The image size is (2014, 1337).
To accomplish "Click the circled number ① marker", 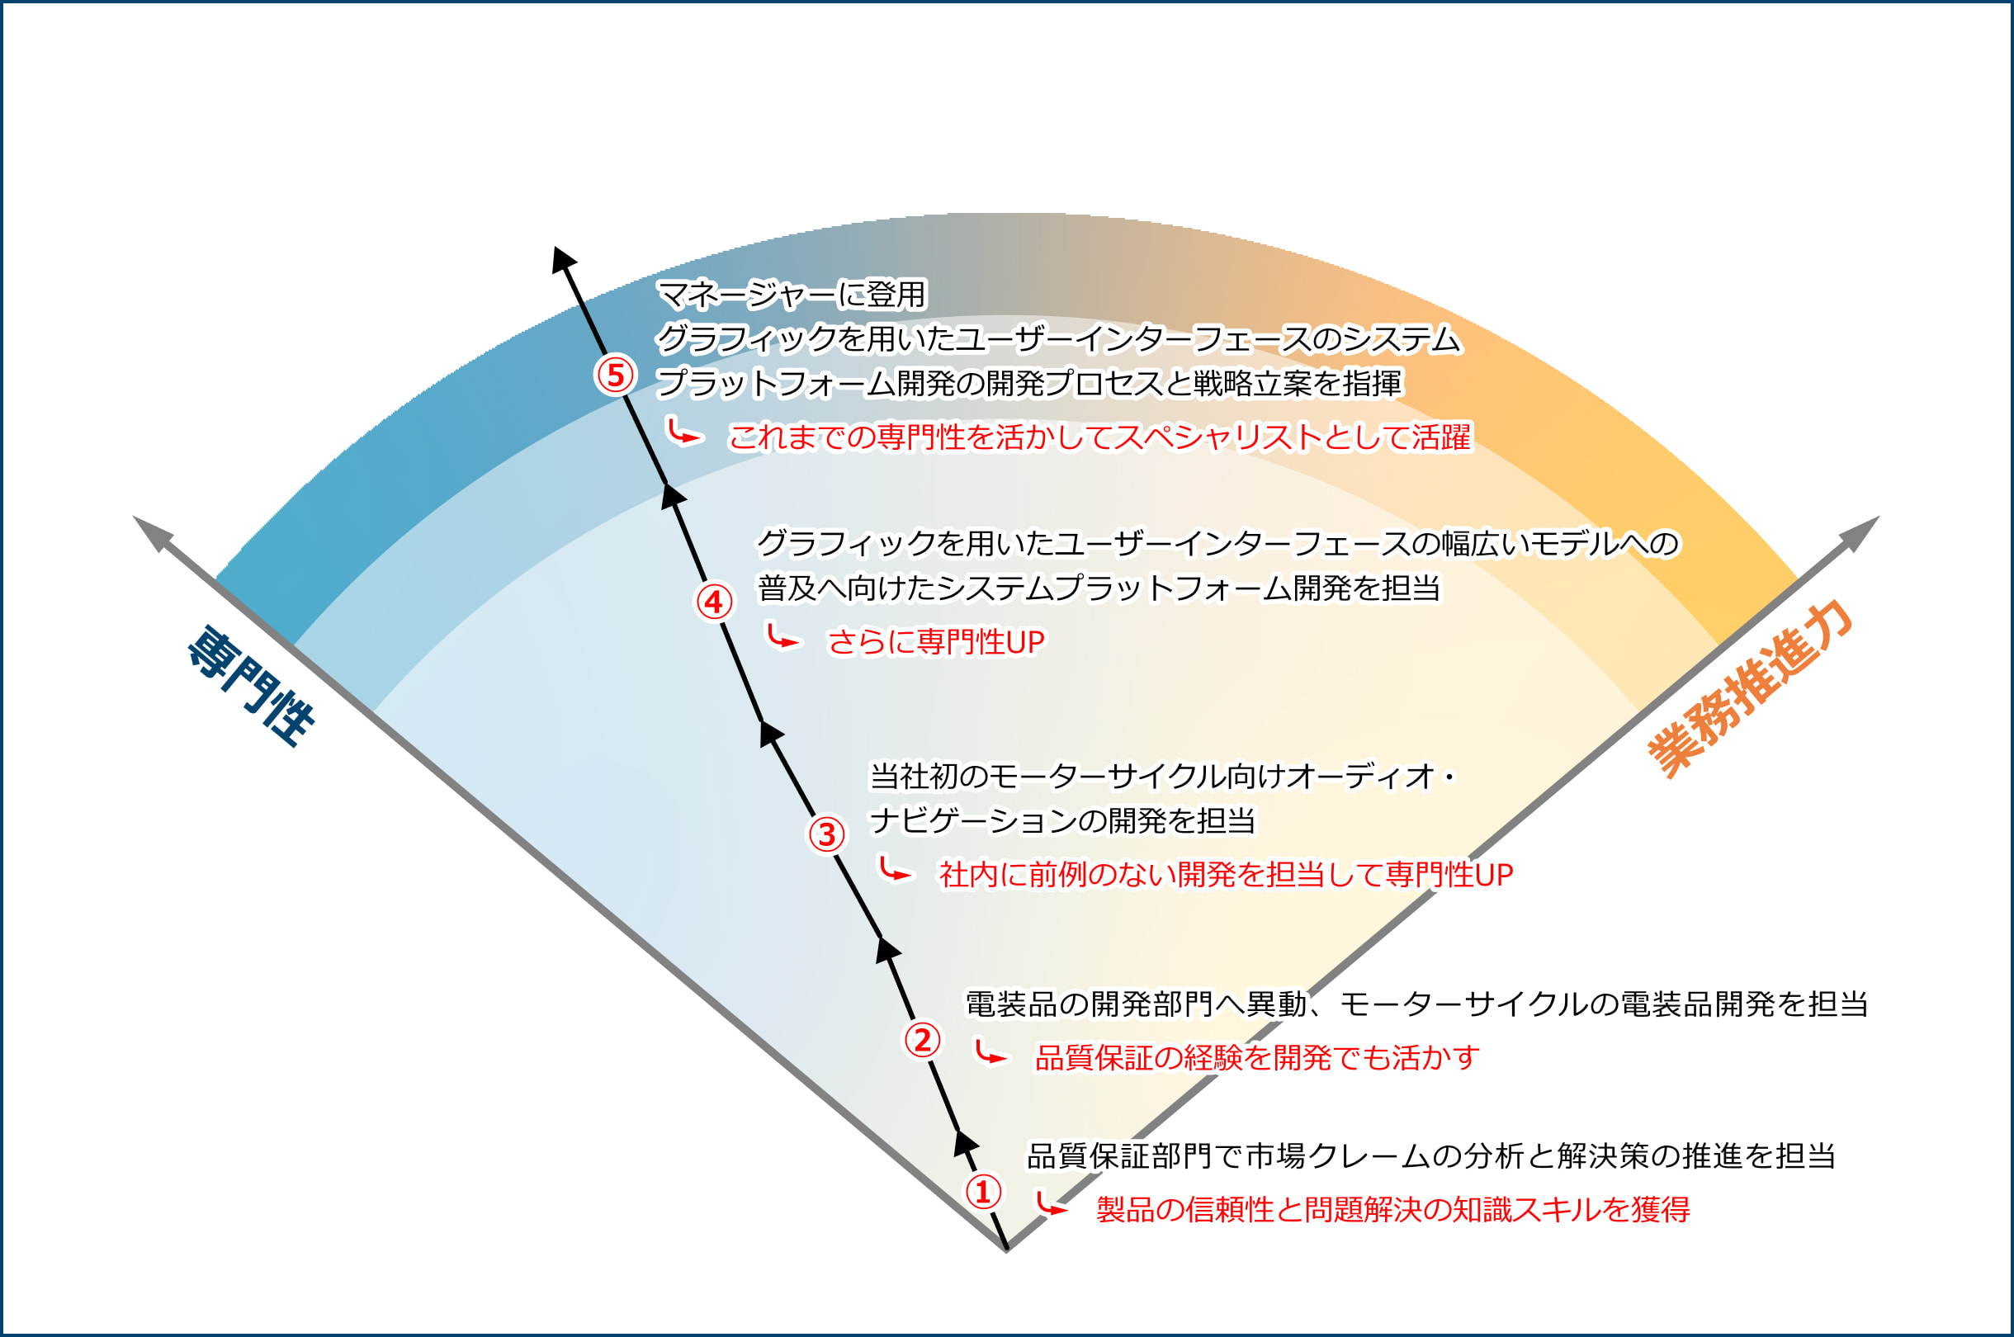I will [982, 1191].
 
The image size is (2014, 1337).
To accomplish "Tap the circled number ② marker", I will [922, 1039].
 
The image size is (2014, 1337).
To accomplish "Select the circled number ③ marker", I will [826, 834].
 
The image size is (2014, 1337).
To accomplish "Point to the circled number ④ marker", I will [714, 601].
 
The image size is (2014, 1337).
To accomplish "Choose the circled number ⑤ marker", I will [615, 375].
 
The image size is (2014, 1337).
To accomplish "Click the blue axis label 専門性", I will [251, 687].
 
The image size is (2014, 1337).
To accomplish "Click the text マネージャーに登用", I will [792, 294].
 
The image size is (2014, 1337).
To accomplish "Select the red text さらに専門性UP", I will [935, 642].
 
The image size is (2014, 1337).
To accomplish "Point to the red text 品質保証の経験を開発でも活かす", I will [1257, 1057].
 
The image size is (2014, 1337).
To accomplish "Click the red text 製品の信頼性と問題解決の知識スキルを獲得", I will [1392, 1209].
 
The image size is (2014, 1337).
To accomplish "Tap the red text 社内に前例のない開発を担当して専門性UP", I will [1225, 874].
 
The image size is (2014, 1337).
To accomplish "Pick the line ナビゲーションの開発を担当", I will [1061, 821].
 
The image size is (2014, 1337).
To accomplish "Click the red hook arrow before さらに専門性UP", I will [781, 637].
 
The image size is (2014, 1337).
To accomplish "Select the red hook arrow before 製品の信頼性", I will [1050, 1204].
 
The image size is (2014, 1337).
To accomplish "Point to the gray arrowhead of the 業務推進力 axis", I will [1861, 532].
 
